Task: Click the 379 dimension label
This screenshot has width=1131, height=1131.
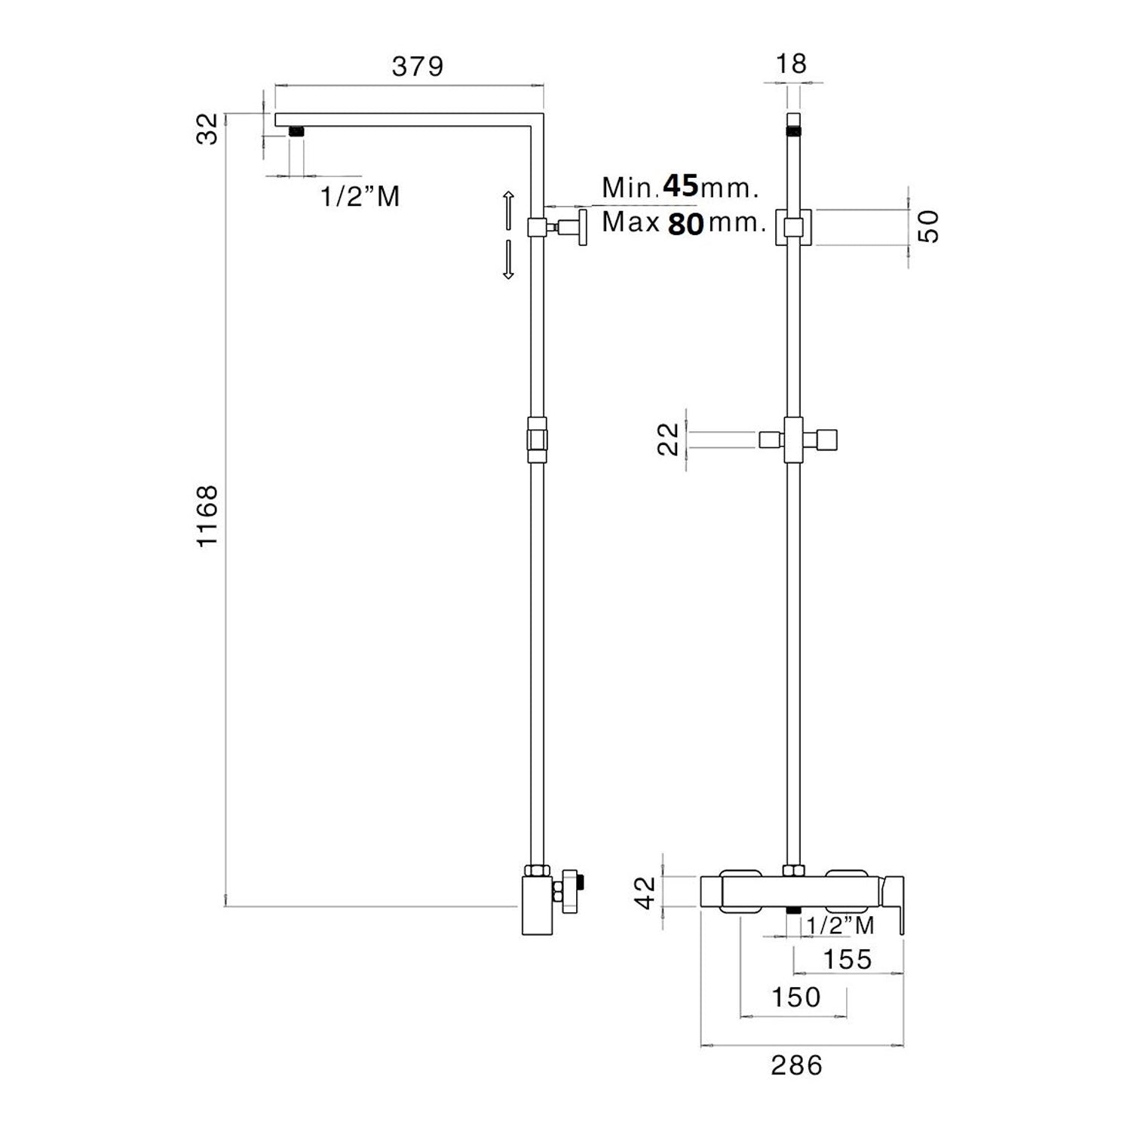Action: point(418,66)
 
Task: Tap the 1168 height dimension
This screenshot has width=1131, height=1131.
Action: point(207,516)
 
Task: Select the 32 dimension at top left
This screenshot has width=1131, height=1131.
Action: point(207,127)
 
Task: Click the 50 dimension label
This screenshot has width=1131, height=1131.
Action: point(931,226)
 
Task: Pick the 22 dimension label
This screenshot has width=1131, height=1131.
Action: point(669,440)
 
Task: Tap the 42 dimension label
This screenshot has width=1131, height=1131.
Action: point(648,892)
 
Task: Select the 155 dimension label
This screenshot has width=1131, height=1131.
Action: point(847,959)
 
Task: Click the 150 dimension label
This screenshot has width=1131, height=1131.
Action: point(795,998)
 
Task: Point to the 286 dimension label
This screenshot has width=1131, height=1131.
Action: point(797,1065)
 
